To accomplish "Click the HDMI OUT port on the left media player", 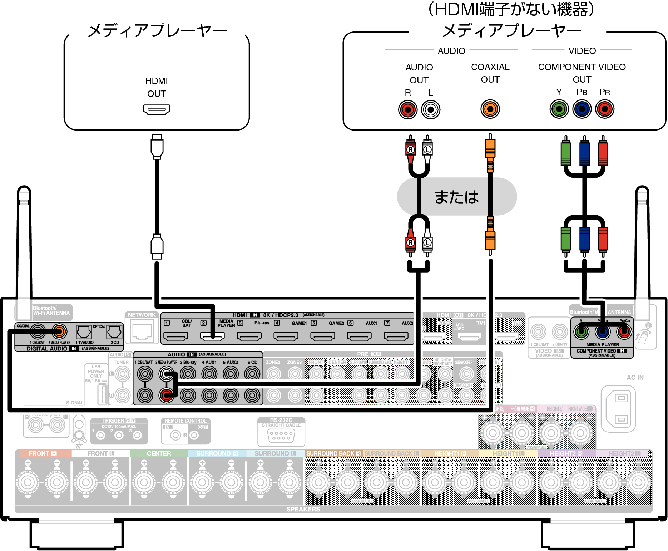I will [157, 109].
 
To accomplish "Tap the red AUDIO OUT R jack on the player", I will [407, 109].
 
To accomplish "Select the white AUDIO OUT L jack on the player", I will [430, 109].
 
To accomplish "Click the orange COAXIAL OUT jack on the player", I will [490, 109].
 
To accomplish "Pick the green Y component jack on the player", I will [559, 109].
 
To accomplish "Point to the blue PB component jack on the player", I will [582, 109].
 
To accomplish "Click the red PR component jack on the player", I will [605, 109].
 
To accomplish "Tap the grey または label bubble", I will [456, 197].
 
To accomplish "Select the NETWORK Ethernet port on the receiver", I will [142, 331].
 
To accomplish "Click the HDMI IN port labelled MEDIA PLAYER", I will [212, 336].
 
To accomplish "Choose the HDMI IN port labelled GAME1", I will [286, 336].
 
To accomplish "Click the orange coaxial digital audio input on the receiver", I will [59, 331].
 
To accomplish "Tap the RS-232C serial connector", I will [281, 435].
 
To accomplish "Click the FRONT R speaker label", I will [43, 453].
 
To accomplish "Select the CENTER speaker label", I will [159, 453].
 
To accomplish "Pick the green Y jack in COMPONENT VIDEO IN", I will [581, 332].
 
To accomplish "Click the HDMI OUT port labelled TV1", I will [469, 336].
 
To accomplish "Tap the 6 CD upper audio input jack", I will [252, 374].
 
